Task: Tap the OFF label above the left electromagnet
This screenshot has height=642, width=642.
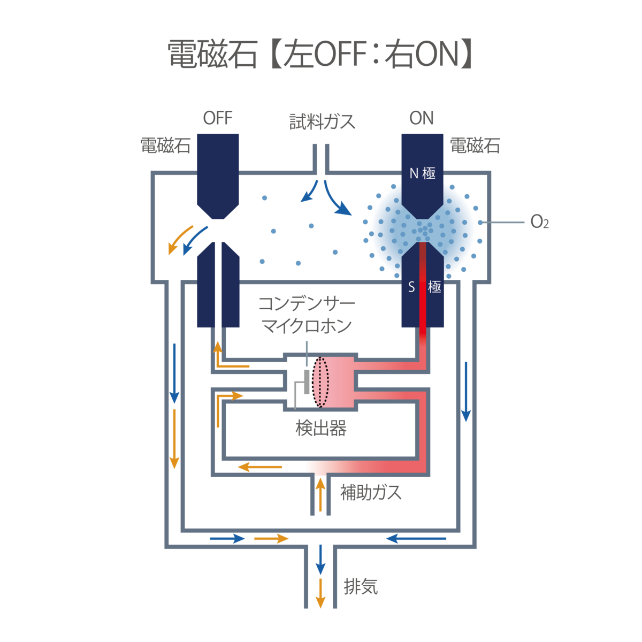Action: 218,118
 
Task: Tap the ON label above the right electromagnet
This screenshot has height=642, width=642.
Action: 422,118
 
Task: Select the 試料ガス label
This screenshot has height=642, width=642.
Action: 322,122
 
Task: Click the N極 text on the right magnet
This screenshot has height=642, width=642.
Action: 422,173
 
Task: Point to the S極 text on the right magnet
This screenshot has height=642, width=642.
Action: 425,287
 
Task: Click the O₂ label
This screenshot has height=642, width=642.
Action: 539,222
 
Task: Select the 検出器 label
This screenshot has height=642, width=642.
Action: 321,428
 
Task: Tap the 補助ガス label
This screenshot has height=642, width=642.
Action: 370,492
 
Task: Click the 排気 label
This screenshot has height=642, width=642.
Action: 361,587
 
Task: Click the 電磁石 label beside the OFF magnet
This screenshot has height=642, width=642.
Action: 165,146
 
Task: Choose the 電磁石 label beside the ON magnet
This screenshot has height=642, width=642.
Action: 475,146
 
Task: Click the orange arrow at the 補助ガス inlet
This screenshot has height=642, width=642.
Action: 320,494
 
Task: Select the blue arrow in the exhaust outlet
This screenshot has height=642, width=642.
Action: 320,560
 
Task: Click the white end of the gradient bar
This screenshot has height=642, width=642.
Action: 300,467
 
